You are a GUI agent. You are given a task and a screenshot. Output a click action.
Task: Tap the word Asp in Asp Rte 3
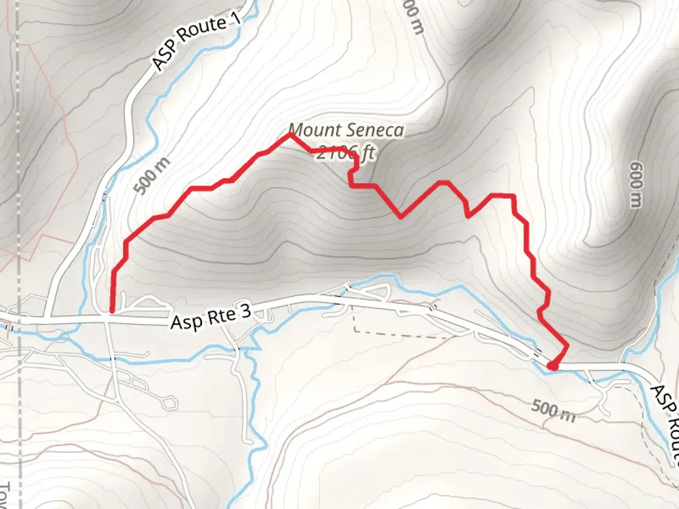pos(184,322)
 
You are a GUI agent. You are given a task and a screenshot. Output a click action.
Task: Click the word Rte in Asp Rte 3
pos(219,316)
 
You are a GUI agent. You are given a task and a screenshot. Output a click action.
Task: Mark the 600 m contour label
pos(636,184)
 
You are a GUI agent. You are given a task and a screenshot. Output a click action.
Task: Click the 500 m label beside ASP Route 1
pos(151,176)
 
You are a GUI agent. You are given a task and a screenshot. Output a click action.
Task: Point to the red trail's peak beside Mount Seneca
pos(290,135)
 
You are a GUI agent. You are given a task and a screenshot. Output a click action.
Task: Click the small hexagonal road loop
pos(169,402)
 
